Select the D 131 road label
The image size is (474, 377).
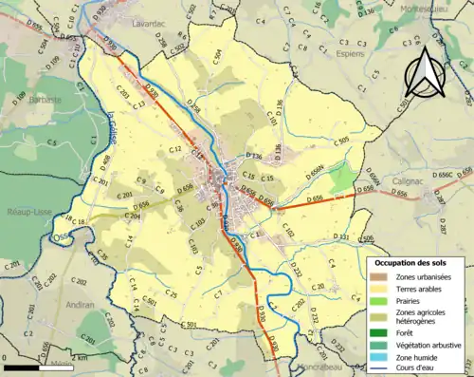[343, 236]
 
